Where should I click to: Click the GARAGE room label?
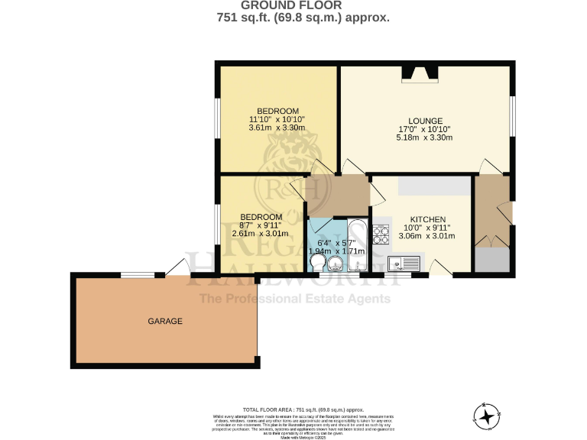click(165, 322)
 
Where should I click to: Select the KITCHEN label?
click(427, 219)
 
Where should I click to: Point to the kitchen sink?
click(403, 264)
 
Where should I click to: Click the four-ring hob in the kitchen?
click(379, 233)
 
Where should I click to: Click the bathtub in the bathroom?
click(355, 245)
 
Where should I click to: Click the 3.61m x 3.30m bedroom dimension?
click(277, 128)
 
